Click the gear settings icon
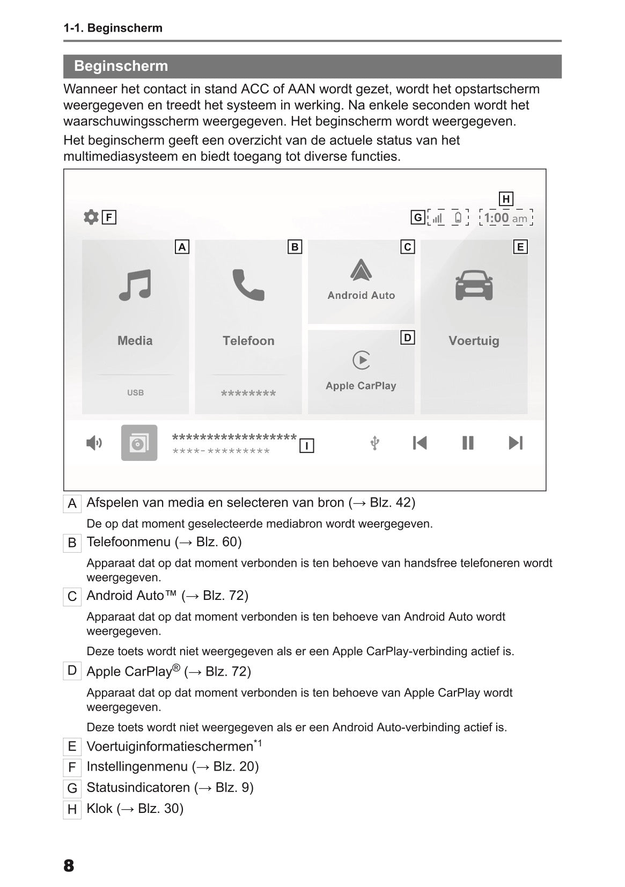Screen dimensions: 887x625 [91, 217]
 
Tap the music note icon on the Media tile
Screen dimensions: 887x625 [135, 285]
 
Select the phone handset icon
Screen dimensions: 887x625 [248, 285]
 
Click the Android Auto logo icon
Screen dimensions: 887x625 [361, 270]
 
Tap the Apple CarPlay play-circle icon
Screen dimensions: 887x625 [361, 360]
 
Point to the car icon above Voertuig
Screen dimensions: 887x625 [474, 285]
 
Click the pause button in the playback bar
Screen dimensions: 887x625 [468, 443]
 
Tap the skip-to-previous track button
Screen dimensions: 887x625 [420, 443]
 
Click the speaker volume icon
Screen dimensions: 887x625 [94, 443]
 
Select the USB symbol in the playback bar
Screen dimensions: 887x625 [375, 443]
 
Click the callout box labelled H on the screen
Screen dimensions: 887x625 [505, 199]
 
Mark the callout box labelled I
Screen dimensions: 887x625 [306, 446]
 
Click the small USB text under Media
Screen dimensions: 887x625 [135, 393]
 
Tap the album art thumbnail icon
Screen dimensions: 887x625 [139, 443]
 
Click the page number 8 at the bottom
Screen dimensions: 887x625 [69, 866]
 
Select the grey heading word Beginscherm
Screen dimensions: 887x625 [121, 66]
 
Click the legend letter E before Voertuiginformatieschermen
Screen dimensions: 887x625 [72, 746]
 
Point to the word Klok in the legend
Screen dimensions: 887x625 [100, 809]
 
